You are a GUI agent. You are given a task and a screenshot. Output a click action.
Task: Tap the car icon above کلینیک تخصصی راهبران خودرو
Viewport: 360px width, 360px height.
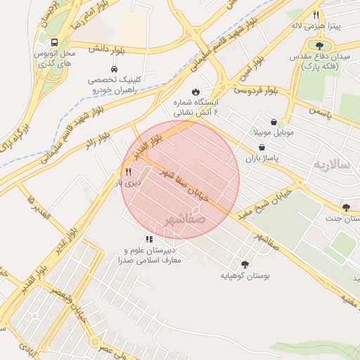pyautogui.click(x=103, y=69)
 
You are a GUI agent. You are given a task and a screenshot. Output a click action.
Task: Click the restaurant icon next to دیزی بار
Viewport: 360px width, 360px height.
pyautogui.click(x=127, y=171)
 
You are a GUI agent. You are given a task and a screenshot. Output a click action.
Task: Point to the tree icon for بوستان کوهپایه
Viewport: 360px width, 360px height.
pyautogui.click(x=244, y=264)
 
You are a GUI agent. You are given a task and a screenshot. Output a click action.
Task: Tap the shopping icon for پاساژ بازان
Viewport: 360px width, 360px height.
pyautogui.click(x=262, y=148)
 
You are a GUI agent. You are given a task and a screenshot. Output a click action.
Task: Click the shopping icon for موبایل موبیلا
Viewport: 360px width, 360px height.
pyautogui.click(x=282, y=122)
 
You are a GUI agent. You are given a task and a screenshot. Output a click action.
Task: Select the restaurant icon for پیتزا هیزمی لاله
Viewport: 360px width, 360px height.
pyautogui.click(x=316, y=15)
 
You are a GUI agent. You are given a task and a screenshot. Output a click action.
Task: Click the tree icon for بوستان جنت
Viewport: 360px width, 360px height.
pyautogui.click(x=346, y=206)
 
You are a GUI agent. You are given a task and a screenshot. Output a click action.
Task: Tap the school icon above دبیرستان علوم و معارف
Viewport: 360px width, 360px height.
pyautogui.click(x=148, y=239)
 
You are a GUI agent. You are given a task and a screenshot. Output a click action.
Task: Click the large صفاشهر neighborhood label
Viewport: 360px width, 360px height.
pyautogui.click(x=187, y=220)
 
